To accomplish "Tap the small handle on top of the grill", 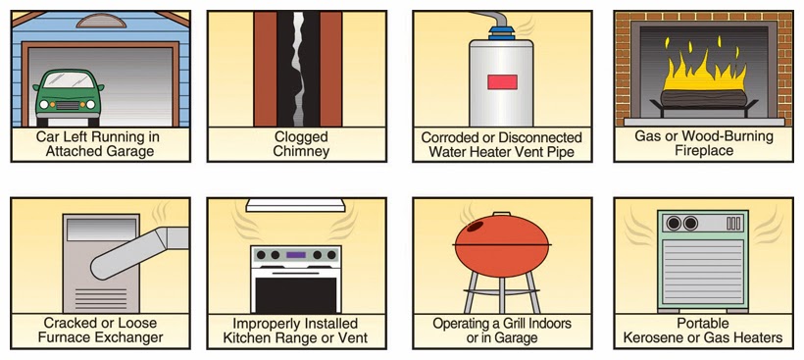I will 501,213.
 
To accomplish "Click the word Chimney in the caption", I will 300,152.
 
